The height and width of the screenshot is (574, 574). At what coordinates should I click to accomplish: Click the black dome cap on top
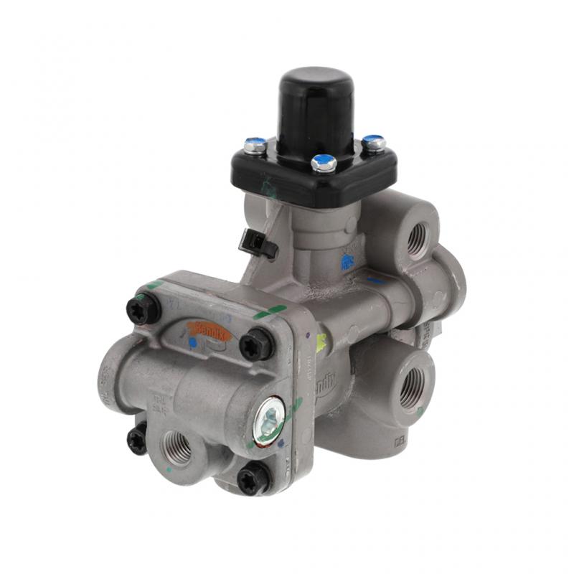316,108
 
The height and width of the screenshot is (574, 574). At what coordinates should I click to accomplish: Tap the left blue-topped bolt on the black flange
255,146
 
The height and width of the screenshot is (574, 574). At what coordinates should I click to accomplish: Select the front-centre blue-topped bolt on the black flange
324,163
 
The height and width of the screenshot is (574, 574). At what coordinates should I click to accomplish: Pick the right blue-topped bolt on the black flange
373,143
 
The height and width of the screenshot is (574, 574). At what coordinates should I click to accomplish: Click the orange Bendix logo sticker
209,329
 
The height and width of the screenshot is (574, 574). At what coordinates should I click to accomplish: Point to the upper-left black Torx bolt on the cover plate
142,310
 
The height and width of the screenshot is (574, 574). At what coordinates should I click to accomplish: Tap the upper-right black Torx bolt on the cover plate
256,344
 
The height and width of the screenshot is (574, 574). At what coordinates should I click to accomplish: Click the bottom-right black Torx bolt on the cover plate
253,477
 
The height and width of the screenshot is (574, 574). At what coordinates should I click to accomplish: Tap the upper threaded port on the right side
418,240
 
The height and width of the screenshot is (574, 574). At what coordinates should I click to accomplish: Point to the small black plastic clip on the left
258,245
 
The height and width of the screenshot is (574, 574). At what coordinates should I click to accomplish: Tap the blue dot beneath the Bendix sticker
193,344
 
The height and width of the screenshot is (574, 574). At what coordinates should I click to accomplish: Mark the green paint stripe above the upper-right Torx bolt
270,313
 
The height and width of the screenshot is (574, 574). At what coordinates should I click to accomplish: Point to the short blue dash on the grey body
375,280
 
